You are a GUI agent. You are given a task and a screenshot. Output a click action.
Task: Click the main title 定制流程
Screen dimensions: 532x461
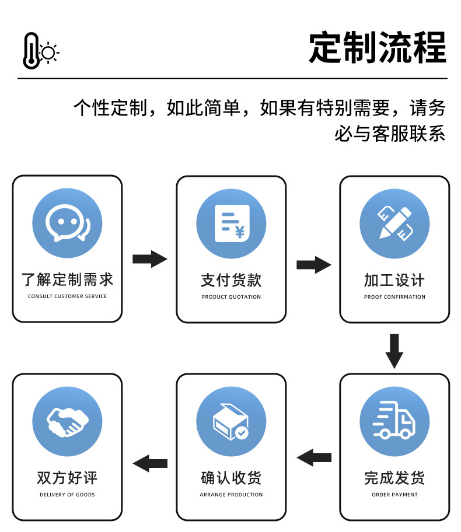377,47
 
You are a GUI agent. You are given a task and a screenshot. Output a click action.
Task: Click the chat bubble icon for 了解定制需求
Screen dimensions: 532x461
67,223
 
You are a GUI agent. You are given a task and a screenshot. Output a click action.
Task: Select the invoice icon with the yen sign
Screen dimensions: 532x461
231,223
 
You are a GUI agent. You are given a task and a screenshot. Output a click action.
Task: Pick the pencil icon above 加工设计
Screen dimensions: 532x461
394,223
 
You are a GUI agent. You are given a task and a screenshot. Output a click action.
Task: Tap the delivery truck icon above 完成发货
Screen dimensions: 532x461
394,420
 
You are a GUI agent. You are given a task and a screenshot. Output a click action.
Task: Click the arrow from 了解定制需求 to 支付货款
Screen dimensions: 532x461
149,259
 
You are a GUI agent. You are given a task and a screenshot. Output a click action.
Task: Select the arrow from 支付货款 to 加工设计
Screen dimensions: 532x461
313,265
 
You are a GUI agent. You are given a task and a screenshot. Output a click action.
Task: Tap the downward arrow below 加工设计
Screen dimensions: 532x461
394,351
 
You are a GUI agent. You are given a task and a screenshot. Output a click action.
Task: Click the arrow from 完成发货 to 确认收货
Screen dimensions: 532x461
314,457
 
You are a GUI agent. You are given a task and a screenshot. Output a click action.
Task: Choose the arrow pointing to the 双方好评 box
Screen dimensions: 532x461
150,464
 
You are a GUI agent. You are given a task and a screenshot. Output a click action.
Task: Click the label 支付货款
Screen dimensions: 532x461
231,281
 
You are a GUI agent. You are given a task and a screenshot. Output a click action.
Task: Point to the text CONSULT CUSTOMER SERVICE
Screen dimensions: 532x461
67,296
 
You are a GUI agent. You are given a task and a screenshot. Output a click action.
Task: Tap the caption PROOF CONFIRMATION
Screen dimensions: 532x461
394,297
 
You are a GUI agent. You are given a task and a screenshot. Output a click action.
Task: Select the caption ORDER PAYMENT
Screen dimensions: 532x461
394,495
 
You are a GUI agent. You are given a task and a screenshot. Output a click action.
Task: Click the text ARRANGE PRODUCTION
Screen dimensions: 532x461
231,495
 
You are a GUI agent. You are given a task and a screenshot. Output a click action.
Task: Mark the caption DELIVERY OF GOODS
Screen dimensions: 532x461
67,495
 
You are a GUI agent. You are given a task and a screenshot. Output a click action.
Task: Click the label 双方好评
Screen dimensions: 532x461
67,478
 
